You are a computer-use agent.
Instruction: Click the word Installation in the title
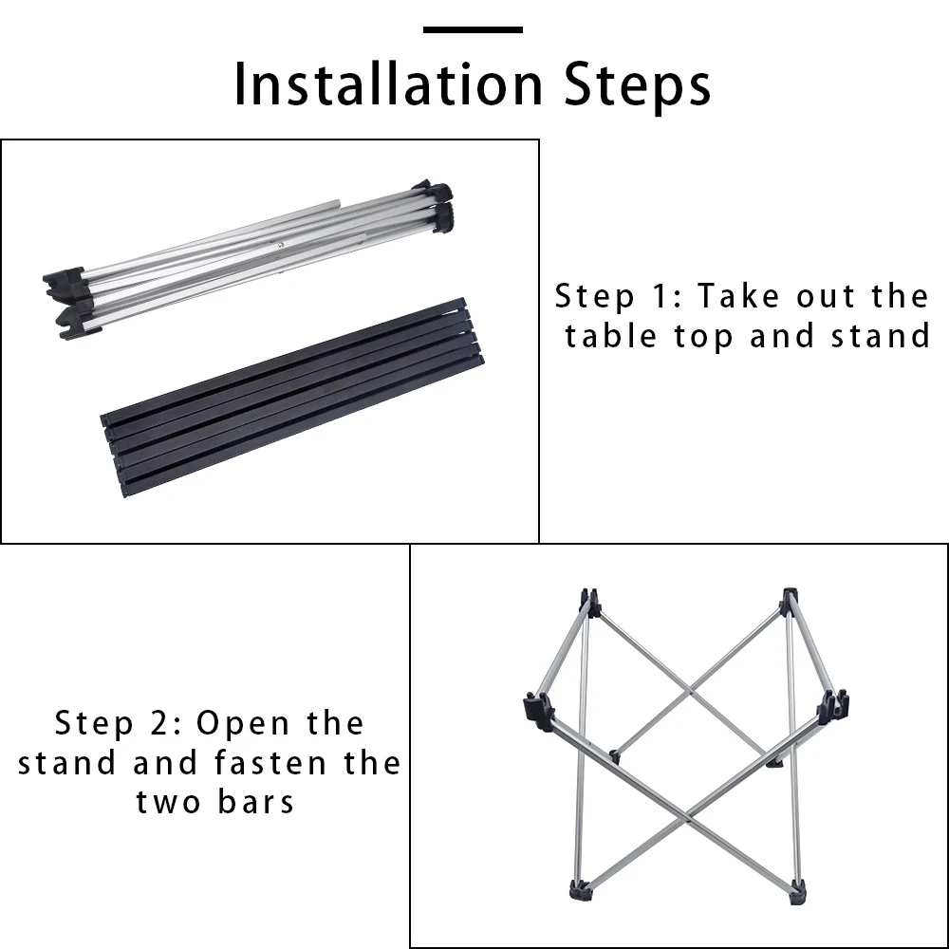tap(388, 84)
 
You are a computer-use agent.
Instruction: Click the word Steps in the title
tap(638, 84)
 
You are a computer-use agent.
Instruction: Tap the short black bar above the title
tap(473, 29)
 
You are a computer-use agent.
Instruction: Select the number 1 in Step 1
tap(661, 296)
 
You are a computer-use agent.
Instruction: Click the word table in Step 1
tap(610, 336)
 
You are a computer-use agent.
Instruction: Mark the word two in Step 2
tap(168, 803)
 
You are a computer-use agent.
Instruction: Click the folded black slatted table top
tap(292, 397)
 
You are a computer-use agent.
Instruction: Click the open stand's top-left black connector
tap(589, 603)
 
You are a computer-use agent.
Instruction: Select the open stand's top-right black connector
tap(789, 602)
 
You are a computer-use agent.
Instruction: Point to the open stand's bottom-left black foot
tap(581, 890)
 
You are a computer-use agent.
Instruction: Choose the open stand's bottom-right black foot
tap(798, 893)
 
